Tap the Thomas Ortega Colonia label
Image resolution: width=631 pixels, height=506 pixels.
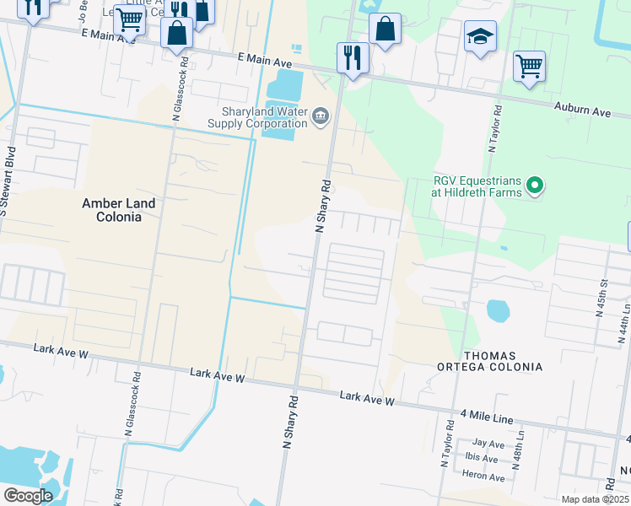pos(488,360)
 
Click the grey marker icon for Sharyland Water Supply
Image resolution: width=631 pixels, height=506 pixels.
pos(321,116)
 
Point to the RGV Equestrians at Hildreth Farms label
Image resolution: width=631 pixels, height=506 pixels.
pos(472,186)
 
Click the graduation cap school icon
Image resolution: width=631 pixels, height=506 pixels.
pos(480,37)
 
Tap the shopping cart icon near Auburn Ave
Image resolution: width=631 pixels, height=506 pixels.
pos(529,66)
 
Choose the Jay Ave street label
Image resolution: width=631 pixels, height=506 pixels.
pos(488,443)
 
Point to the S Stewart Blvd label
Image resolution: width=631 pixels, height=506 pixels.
pos(7,181)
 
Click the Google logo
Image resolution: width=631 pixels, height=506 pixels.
pos(28,496)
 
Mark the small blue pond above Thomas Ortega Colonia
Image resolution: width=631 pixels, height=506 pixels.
pos(499,310)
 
